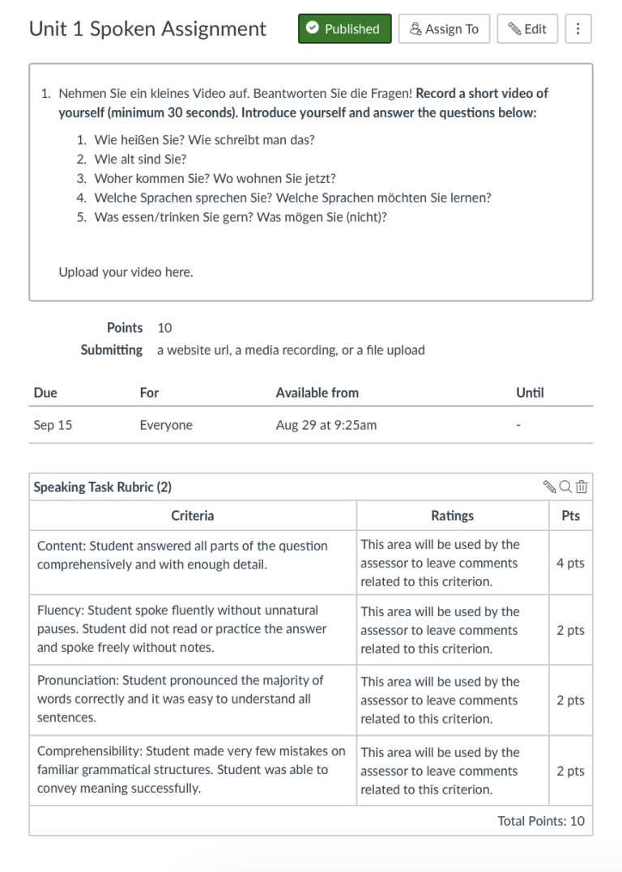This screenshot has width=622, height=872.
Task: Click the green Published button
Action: point(344,29)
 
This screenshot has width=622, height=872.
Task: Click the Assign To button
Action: point(444,29)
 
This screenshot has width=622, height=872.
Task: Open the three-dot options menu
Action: point(577,29)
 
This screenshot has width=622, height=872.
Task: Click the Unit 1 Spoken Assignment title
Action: point(147,29)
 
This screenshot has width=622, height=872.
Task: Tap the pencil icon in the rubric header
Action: point(550,487)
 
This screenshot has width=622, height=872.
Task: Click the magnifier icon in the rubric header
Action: point(565,487)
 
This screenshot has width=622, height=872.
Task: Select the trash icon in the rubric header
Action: point(582,487)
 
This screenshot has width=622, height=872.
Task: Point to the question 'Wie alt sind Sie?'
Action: point(140,159)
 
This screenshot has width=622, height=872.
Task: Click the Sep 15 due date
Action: point(53,425)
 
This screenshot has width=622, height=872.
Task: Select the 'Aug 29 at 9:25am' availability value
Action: point(326,425)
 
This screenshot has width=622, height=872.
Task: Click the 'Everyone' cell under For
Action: point(166,425)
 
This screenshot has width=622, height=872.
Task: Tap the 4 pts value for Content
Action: point(570,564)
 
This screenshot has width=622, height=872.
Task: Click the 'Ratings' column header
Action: point(452,516)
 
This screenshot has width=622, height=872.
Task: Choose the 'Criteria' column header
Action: point(193,516)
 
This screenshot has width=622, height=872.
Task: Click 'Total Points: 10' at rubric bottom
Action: point(540,821)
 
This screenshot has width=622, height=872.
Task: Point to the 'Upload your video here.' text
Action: point(126,272)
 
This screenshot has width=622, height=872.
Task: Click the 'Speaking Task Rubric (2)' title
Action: point(103,487)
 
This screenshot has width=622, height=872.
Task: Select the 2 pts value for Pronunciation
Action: point(570,700)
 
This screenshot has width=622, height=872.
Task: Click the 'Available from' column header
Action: point(317,393)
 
